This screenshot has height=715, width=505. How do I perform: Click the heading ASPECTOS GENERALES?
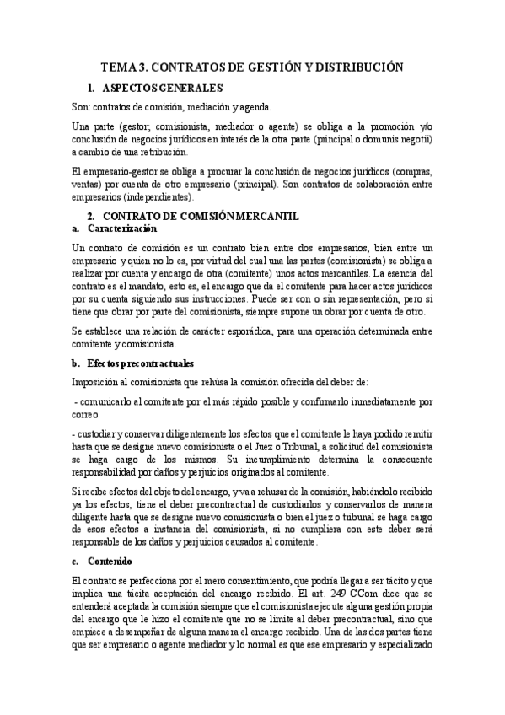162,87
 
